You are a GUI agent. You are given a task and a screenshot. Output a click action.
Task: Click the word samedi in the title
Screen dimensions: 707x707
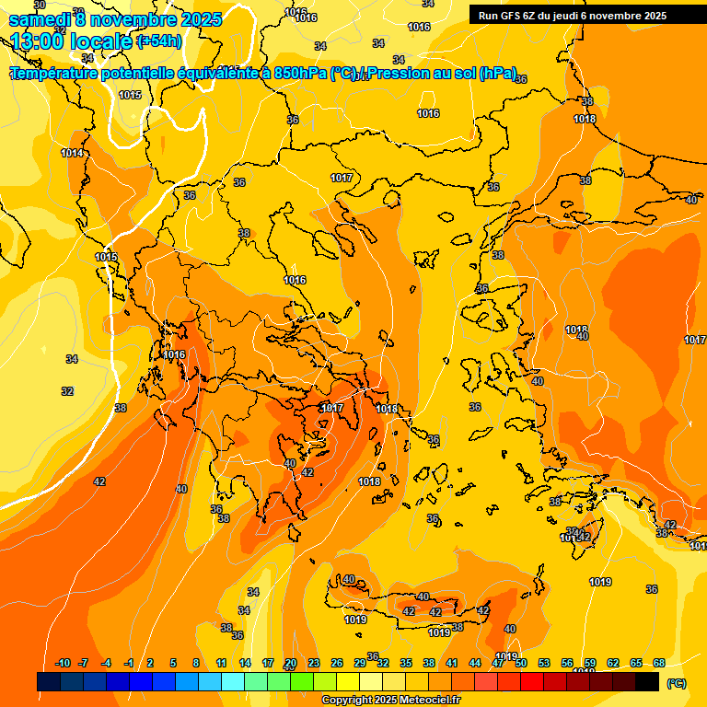pyautogui.click(x=39, y=19)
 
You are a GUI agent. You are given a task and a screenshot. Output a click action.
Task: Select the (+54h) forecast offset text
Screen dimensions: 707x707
pyautogui.click(x=158, y=41)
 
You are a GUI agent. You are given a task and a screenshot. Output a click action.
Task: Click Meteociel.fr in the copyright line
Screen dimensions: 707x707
pyautogui.click(x=424, y=701)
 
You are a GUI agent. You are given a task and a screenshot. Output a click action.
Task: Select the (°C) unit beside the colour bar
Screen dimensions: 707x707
pyautogui.click(x=676, y=682)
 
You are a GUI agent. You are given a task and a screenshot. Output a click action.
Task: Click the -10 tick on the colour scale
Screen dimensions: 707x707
pyautogui.click(x=63, y=663)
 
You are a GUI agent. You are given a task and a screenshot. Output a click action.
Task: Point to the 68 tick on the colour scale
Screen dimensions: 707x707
pyautogui.click(x=659, y=663)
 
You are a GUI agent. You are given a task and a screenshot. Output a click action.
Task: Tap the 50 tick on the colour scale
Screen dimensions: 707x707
pyautogui.click(x=521, y=663)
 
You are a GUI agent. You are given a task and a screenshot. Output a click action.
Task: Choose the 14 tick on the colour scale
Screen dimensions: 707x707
pyautogui.click(x=245, y=663)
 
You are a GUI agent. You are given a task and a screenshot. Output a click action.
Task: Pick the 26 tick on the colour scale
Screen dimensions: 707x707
pyautogui.click(x=337, y=663)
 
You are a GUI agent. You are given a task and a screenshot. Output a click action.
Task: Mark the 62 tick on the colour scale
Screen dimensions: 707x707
pyautogui.click(x=613, y=663)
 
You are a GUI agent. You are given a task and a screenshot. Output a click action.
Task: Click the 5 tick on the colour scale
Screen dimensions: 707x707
pyautogui.click(x=174, y=663)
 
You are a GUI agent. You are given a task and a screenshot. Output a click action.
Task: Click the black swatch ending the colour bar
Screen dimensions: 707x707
pyautogui.click(x=647, y=682)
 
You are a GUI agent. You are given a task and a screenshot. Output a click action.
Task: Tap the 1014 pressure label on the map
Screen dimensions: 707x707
pyautogui.click(x=72, y=154)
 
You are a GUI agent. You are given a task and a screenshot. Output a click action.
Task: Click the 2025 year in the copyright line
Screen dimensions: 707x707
pyautogui.click(x=383, y=701)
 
